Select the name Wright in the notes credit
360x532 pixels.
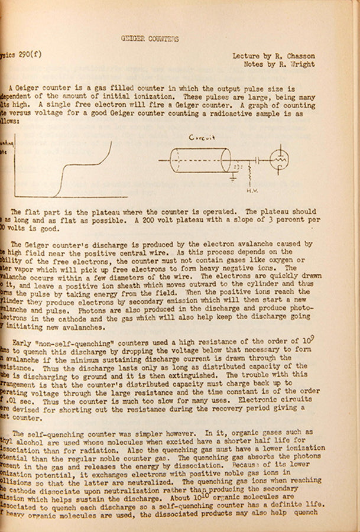pos(302,64)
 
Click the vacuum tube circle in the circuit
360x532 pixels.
pos(279,158)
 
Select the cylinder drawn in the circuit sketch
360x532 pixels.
pos(200,160)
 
